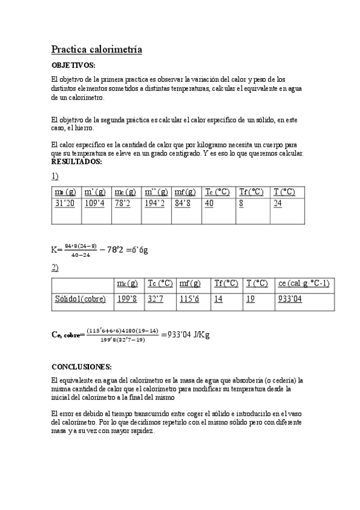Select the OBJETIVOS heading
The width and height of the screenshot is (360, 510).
coord(73,65)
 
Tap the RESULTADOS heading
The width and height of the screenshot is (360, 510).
coord(76,162)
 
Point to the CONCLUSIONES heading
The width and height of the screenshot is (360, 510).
coord(81,366)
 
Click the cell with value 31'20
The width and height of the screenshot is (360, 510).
coord(65,203)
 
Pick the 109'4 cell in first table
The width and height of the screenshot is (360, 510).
coord(95,203)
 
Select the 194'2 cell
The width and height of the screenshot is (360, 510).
coord(154,203)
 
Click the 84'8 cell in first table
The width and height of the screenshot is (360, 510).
coord(184,203)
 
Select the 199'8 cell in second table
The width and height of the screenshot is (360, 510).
coord(127,299)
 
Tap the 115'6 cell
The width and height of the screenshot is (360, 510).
coord(189,299)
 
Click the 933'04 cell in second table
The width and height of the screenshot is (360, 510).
coord(290,299)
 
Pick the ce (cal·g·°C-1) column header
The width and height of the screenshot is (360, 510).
coord(304,283)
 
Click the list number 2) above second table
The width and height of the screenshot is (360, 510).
coord(55,267)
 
